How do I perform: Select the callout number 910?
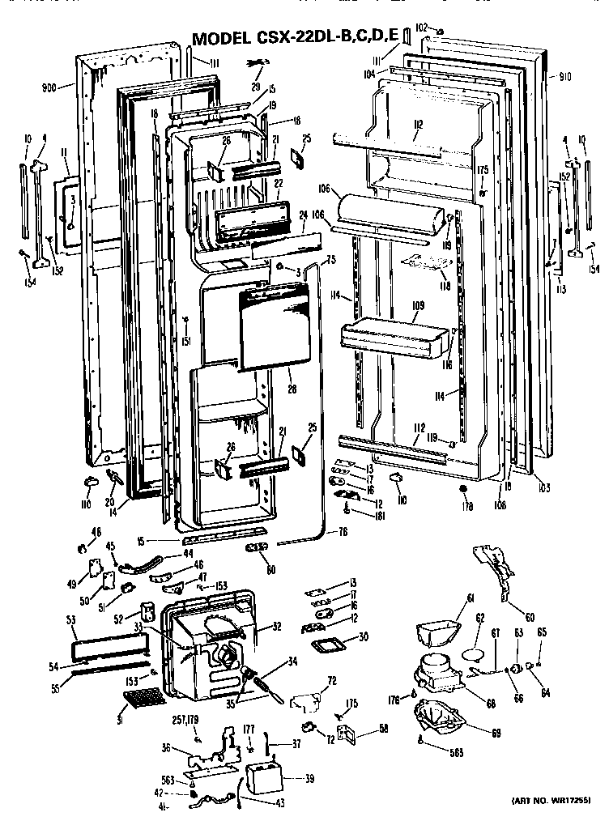click(x=565, y=76)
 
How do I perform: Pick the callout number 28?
click(x=292, y=389)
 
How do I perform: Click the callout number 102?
click(x=420, y=28)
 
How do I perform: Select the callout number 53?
click(x=70, y=620)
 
